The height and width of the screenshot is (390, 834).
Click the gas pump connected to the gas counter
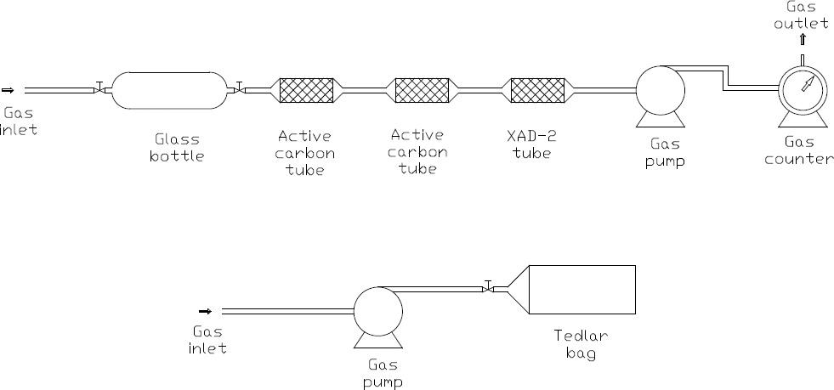click(661, 88)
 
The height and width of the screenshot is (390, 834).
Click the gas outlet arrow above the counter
click(802, 39)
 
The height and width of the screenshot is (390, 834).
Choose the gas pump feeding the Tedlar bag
click(378, 310)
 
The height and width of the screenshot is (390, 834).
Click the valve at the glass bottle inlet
click(100, 88)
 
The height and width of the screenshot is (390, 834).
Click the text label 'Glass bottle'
click(178, 147)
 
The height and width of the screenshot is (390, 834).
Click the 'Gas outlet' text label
click(800, 14)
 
